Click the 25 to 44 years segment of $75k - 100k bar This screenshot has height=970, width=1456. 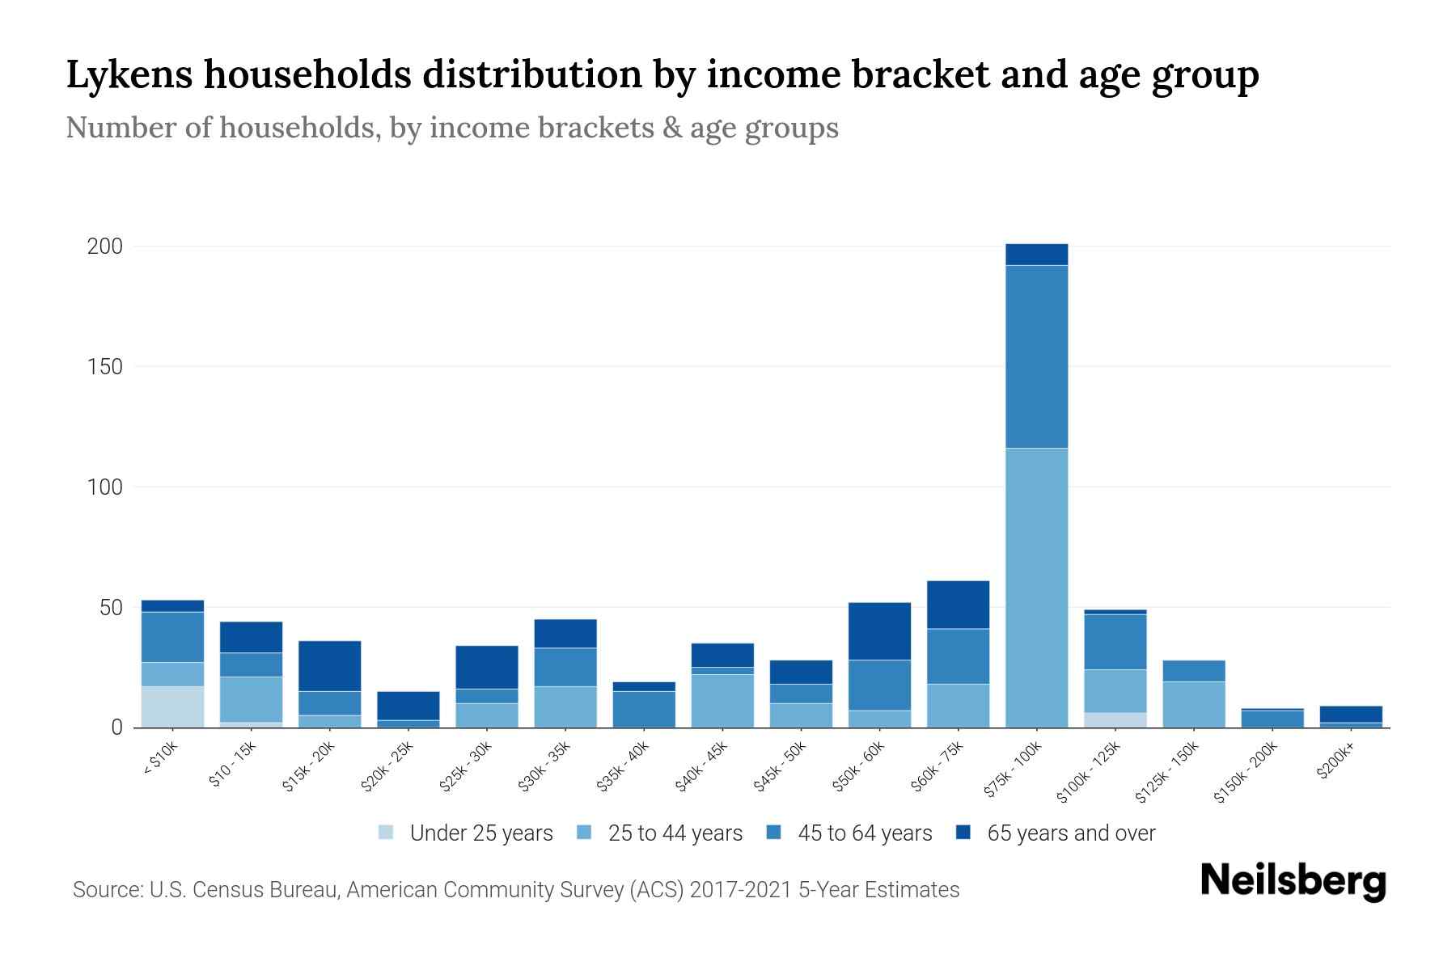click(1036, 588)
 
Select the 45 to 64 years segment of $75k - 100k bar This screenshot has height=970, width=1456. click(1036, 356)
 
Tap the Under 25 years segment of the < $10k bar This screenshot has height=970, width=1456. click(172, 706)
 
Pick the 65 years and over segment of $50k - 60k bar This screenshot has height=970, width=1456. click(879, 631)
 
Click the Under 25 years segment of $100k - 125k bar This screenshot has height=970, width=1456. click(1115, 719)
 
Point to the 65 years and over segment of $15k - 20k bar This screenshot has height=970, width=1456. click(329, 666)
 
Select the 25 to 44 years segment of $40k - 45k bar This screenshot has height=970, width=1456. click(722, 700)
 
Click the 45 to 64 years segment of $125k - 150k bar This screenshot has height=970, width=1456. click(1193, 671)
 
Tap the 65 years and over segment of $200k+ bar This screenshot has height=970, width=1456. click(1350, 714)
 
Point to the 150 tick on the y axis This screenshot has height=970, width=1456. click(104, 367)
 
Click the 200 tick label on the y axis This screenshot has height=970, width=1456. click(104, 247)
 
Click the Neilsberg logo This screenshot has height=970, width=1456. click(1293, 881)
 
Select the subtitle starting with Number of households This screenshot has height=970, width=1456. click(451, 128)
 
